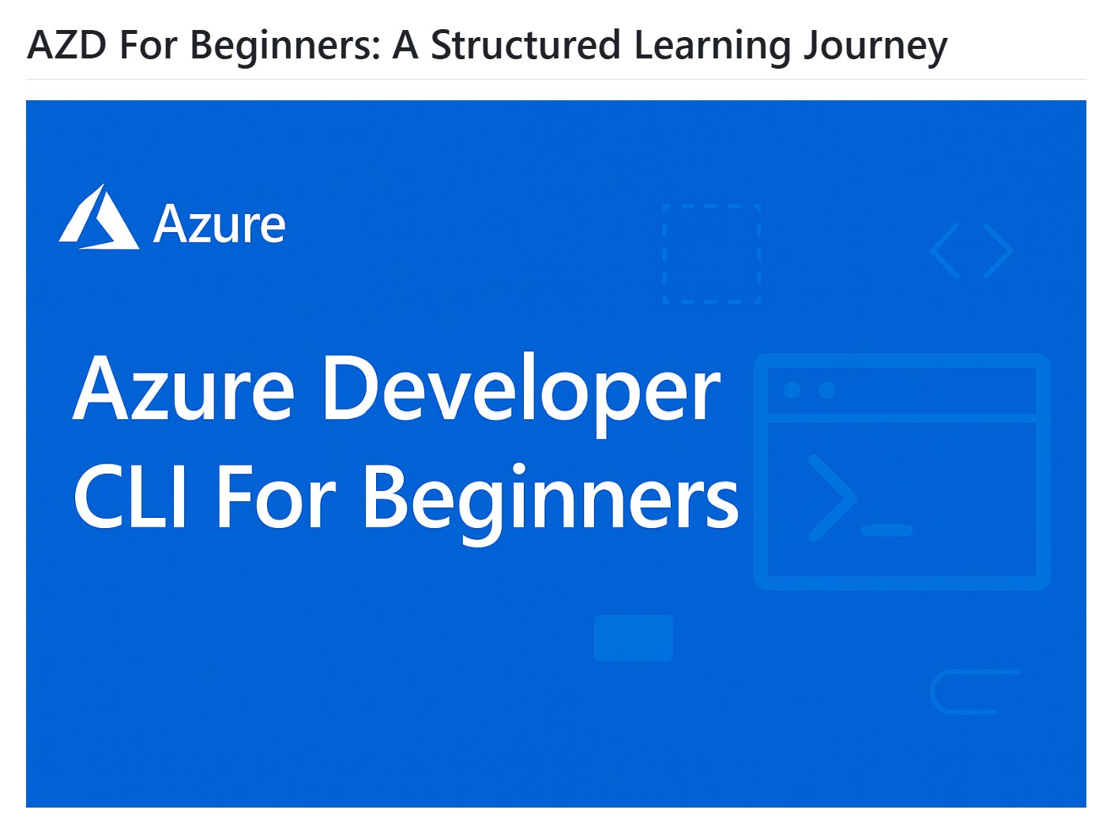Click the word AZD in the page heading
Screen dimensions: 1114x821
click(67, 45)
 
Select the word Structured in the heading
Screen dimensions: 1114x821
click(525, 45)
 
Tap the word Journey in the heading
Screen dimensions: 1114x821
click(875, 47)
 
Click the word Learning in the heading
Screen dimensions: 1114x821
click(712, 47)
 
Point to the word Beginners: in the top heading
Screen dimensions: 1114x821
click(285, 47)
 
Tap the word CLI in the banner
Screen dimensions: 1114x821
click(130, 497)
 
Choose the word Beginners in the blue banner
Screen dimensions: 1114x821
click(551, 504)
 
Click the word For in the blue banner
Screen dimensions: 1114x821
click(277, 497)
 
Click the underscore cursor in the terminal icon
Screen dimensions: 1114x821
click(886, 530)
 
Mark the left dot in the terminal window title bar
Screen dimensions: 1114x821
click(792, 390)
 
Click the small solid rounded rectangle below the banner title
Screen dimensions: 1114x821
click(633, 638)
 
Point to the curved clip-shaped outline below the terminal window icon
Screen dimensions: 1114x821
click(933, 692)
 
